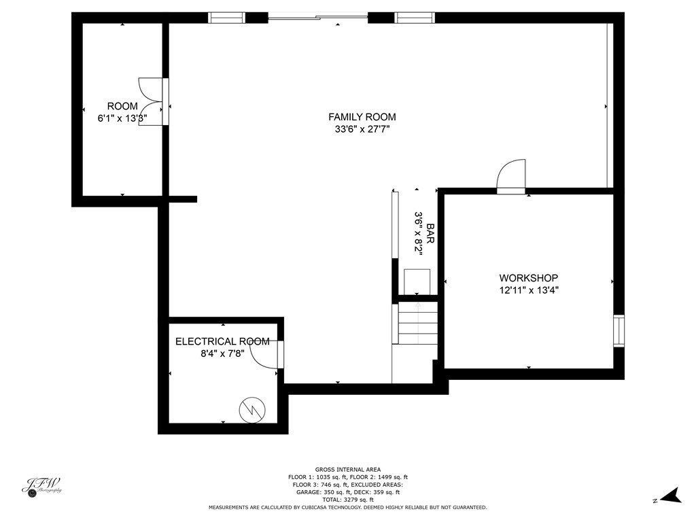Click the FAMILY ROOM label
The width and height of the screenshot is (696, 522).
coord(362,117)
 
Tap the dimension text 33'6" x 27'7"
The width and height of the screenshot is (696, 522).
coord(362,129)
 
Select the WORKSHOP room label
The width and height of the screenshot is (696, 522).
coord(528,278)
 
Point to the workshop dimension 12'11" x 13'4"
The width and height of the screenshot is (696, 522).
coord(528,290)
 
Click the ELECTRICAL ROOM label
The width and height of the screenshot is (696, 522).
coord(222,341)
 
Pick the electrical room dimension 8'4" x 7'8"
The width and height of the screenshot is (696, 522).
coord(222,353)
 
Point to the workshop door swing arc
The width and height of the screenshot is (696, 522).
coord(510,174)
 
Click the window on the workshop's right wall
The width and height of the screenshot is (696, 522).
coord(618,331)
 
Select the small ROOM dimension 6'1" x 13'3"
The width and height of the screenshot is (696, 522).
coord(122,118)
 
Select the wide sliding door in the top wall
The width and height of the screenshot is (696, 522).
coord(318,18)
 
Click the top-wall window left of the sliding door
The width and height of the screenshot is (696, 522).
coord(226,18)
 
